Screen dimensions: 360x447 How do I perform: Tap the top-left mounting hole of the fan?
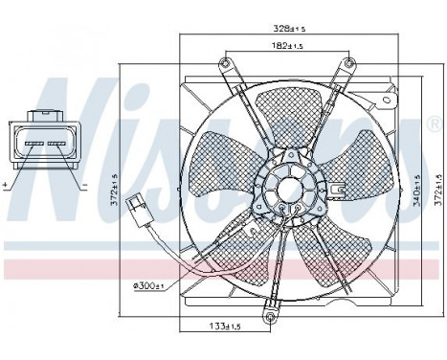[x=225, y=64]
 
